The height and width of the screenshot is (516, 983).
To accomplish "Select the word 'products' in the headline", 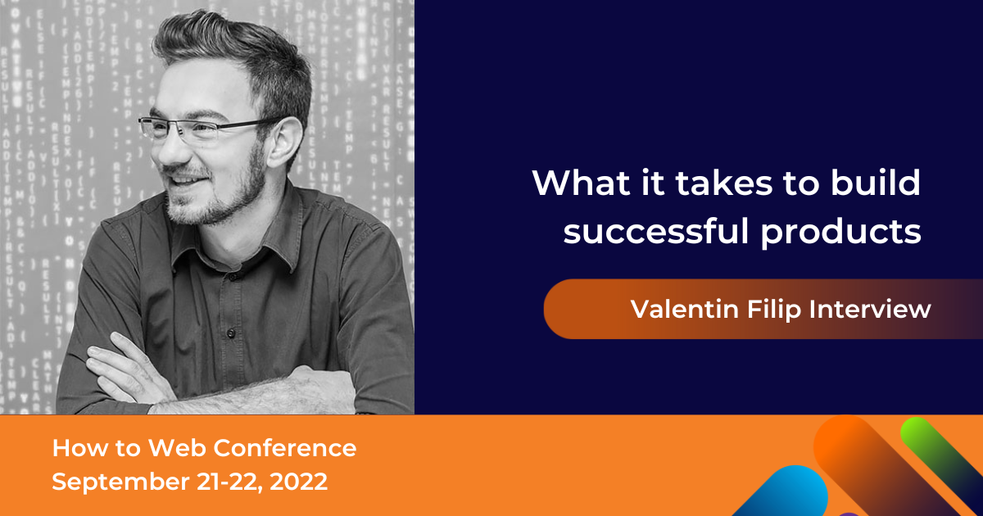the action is tap(840, 233).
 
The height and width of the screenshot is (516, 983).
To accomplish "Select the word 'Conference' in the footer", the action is tap(285, 448).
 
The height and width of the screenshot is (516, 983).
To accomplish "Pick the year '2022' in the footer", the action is tap(299, 482).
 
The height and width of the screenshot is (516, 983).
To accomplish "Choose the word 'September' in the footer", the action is tap(120, 482).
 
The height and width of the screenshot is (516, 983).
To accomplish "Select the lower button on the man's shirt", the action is tap(231, 333).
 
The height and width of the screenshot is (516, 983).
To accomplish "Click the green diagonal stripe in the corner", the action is tap(944, 456).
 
